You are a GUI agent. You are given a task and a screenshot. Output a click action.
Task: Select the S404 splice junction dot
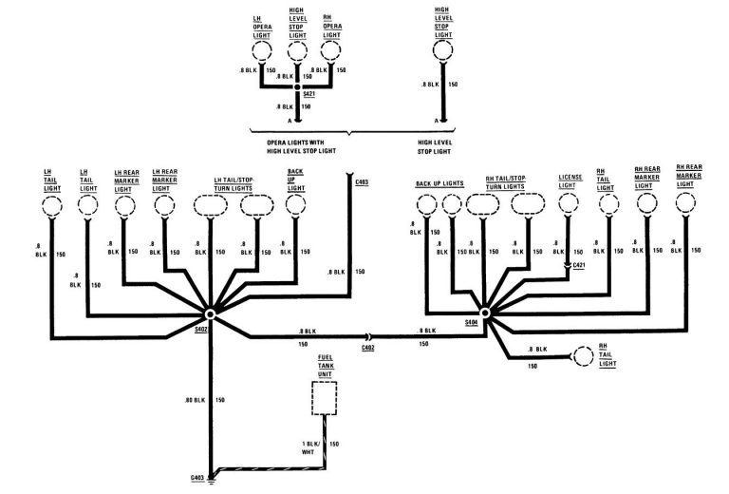(x=485, y=311)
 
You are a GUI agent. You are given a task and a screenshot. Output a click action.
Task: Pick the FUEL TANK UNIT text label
(x=326, y=367)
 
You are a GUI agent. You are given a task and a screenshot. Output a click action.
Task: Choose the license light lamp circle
(x=568, y=204)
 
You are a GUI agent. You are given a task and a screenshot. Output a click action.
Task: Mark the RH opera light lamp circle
(x=330, y=50)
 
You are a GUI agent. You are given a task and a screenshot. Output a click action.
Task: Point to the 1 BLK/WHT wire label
(x=310, y=447)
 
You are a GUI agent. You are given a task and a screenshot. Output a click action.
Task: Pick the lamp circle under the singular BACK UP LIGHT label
(x=295, y=205)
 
